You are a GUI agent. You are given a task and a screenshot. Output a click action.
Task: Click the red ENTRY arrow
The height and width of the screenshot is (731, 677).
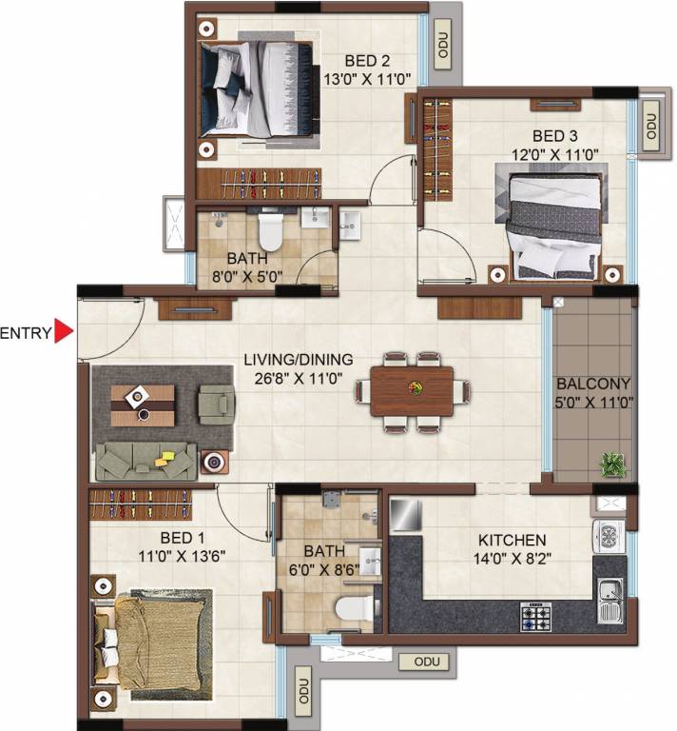point(64,331)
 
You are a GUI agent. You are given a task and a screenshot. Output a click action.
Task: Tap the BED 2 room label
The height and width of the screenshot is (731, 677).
point(367,61)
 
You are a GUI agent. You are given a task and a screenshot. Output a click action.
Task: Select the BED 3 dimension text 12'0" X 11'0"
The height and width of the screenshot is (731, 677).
point(554,154)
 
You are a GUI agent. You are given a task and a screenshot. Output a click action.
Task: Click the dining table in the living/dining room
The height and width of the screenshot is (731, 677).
point(412,391)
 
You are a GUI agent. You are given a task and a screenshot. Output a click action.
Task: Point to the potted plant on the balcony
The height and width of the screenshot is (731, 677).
point(611,464)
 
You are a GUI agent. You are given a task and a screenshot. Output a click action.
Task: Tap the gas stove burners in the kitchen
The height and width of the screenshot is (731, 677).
point(536,617)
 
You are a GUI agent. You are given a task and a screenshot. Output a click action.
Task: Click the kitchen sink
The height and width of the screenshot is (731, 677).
point(609,601)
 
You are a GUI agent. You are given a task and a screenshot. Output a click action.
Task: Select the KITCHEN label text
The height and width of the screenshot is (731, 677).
point(513,540)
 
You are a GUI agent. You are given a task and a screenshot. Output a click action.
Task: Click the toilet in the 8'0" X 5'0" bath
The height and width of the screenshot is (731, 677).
point(271,230)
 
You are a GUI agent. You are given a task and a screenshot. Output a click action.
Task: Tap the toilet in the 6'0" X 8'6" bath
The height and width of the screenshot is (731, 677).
point(355,609)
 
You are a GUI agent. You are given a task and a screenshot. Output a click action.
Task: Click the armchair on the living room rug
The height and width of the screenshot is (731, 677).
point(216,405)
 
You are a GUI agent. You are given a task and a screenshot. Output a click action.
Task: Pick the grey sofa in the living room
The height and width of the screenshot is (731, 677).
point(145,461)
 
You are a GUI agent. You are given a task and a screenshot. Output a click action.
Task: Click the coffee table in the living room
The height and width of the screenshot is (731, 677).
point(143,405)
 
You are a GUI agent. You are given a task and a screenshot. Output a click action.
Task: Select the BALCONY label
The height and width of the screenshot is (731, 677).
point(593,384)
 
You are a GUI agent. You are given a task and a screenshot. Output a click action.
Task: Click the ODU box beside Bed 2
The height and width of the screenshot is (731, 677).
point(442,45)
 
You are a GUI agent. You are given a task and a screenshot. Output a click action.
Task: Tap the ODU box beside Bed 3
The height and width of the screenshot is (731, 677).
point(651,126)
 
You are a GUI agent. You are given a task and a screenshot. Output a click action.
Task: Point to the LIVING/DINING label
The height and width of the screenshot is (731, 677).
point(299,360)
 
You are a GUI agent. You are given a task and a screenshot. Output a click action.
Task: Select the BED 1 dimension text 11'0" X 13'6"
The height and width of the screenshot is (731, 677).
point(182,556)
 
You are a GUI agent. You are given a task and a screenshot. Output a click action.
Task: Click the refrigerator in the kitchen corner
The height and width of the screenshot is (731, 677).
point(406,515)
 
